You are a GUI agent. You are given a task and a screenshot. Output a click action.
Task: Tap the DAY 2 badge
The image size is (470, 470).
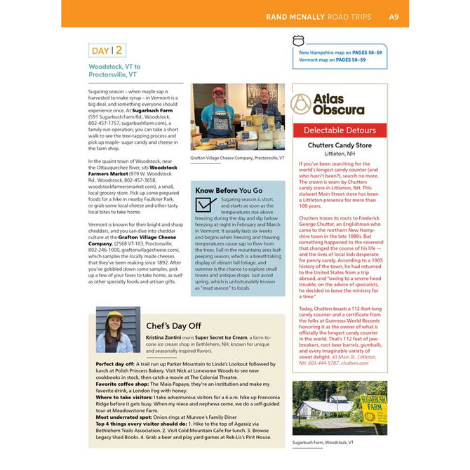tap(107, 50)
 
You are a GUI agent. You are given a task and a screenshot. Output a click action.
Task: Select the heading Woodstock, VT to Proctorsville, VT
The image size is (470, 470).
tap(114, 69)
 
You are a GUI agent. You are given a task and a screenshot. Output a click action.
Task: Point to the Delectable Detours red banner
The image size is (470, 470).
tap(340, 130)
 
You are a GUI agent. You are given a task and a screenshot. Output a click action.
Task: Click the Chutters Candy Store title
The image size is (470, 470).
tap(340, 145)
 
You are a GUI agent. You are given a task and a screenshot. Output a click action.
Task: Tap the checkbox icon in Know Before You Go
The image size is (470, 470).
tap(206, 204)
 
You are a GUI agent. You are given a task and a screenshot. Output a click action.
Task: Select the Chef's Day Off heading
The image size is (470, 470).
tap(173, 326)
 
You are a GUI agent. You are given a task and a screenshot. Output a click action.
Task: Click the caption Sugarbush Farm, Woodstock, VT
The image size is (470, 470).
tap(323, 443)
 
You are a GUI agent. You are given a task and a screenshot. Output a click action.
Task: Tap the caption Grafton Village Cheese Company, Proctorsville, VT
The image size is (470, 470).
tap(237, 159)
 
